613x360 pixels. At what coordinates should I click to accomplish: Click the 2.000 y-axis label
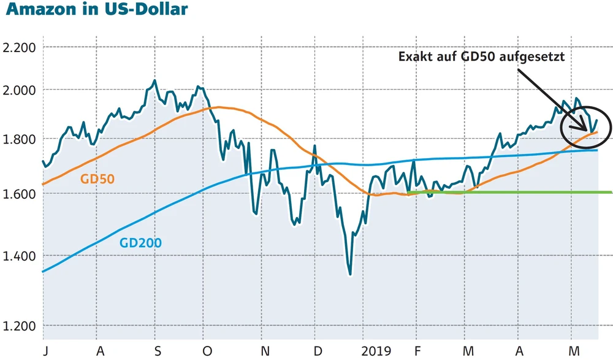(18, 90)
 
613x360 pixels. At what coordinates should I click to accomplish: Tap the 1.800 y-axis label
(18, 139)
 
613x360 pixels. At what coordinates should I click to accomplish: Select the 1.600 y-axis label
(18, 194)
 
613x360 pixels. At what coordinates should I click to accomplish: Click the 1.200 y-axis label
(18, 326)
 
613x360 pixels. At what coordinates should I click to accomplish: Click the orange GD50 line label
(97, 179)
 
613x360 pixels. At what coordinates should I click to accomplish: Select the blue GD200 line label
(140, 243)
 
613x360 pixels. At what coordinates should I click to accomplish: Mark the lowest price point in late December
(350, 275)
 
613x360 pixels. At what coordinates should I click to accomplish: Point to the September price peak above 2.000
(154, 80)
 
